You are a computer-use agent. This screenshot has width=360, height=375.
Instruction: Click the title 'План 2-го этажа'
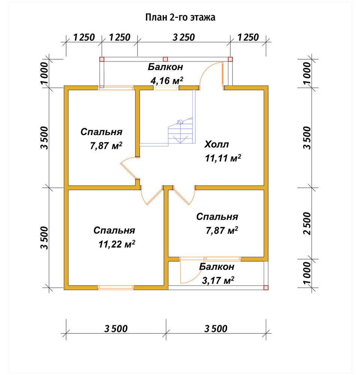coord(180,18)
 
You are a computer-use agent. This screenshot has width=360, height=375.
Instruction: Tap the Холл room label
coord(217,144)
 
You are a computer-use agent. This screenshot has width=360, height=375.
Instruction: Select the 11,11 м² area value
coord(223,158)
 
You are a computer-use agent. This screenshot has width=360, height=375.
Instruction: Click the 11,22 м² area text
coord(117,244)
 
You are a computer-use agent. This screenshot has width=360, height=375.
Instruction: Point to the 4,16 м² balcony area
coord(167,80)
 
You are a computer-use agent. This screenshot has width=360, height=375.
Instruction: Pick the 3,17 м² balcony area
coord(218,280)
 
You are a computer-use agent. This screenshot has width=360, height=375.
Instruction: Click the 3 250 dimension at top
coord(184,37)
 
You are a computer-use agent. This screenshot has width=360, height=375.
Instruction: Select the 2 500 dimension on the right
coord(307,223)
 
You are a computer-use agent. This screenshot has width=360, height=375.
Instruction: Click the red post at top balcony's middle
coord(165,59)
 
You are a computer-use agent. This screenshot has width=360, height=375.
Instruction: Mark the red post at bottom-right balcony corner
coord(266,288)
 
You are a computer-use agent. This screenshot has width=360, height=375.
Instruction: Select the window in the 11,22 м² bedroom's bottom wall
coord(116,288)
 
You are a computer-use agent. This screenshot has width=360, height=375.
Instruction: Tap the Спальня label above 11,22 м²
coord(114,230)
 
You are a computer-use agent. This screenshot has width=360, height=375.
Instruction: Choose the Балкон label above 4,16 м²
coord(165,67)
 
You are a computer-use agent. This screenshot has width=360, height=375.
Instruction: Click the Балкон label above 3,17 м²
coord(217,266)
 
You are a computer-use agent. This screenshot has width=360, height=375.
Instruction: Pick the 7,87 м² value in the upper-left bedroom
coord(106,145)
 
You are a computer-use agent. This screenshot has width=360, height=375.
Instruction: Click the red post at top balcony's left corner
coord(102,59)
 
